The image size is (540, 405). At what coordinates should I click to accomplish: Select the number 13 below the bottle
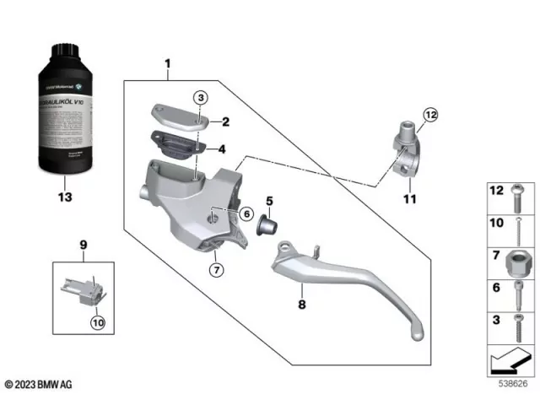[65, 197]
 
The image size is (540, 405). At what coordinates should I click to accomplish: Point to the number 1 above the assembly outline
[167, 64]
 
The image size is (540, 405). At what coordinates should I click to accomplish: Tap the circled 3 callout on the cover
[199, 99]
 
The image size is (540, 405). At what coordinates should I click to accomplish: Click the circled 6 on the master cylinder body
[246, 214]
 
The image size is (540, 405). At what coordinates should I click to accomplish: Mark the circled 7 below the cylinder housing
[217, 270]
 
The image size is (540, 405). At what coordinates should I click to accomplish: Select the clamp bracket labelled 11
[403, 148]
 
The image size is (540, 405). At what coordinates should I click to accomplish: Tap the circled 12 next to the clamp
[432, 115]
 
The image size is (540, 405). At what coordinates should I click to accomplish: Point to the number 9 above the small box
[83, 245]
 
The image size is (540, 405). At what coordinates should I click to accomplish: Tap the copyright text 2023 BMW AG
[40, 385]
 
